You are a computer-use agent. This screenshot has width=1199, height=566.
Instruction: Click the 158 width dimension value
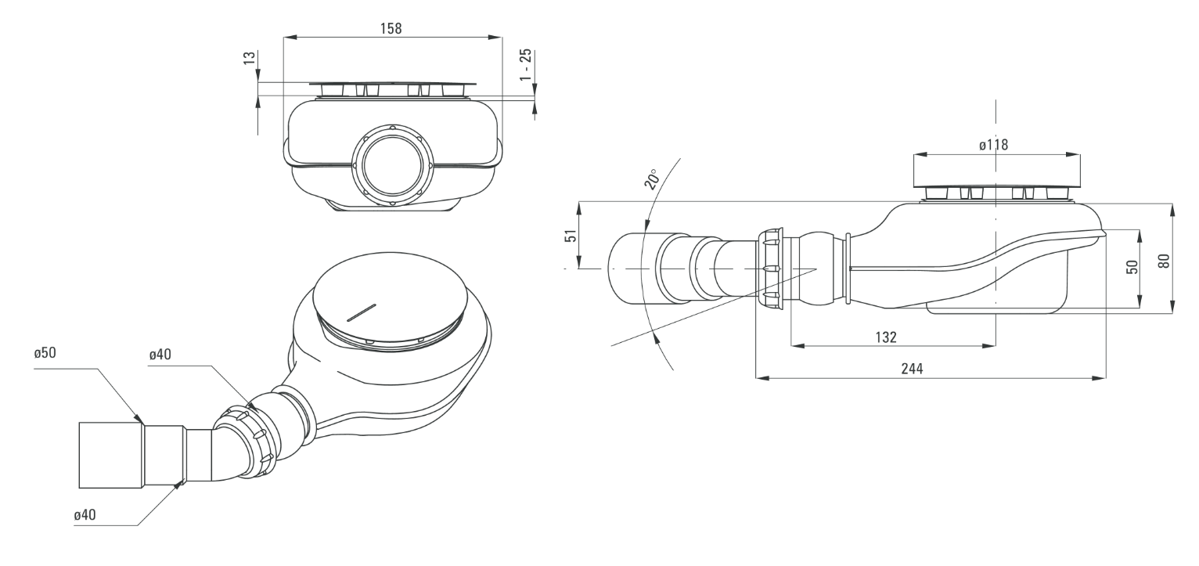coord(391,28)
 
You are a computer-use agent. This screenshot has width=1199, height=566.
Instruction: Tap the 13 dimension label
coord(249,59)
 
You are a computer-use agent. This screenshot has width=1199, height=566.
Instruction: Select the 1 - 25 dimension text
coord(526,63)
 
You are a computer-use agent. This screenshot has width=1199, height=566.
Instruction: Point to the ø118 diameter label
coord(993,145)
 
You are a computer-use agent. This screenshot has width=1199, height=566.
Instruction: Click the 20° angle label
coord(651,180)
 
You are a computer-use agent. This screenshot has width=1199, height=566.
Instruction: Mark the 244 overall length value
coord(911,370)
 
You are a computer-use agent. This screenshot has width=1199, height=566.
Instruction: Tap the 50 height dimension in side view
coord(1131,268)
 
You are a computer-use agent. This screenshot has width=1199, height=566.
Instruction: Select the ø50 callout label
coord(45,353)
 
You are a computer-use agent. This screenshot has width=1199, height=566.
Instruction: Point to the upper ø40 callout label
coord(161,355)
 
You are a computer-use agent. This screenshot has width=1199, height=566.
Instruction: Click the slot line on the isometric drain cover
coord(361,311)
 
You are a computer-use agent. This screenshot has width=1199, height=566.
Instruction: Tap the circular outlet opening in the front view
coord(392,166)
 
